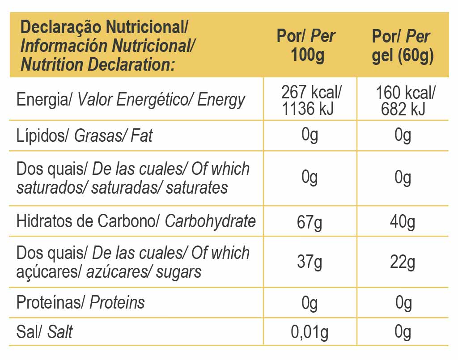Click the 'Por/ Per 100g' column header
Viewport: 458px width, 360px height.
[x=306, y=46]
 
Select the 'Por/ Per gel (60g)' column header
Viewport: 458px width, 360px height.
[x=402, y=46]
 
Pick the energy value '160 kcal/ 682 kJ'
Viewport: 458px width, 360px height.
[x=404, y=101]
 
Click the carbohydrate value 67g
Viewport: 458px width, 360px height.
[x=310, y=222]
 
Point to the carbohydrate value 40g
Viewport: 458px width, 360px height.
[x=403, y=222]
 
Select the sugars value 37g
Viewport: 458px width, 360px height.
[x=310, y=262]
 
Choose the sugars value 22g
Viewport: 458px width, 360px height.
[x=403, y=262]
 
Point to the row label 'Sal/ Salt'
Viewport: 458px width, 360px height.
[x=44, y=332]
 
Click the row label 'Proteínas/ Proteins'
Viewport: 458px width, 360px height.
[x=81, y=303]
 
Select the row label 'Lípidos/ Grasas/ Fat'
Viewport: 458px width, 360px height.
[x=84, y=135]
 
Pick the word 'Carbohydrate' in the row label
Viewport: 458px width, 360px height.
[x=210, y=221]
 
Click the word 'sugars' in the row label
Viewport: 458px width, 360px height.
[x=178, y=271]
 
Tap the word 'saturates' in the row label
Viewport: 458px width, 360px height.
[x=197, y=187]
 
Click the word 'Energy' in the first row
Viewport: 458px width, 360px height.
[x=221, y=100]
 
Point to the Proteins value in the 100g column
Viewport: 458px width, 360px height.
[x=310, y=303]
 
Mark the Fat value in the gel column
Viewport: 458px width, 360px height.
[x=403, y=135]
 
